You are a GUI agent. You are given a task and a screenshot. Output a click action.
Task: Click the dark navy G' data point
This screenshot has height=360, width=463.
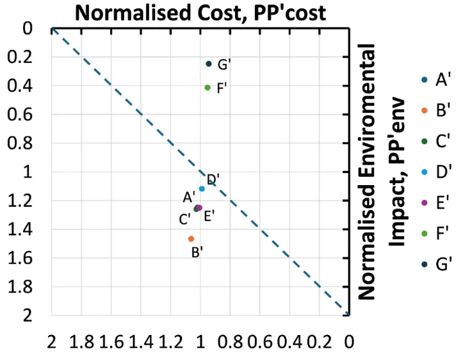click(x=208, y=63)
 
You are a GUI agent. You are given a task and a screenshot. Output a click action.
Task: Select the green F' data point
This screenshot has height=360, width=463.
click(x=207, y=87)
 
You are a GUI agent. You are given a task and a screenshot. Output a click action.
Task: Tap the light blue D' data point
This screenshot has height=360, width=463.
click(x=202, y=188)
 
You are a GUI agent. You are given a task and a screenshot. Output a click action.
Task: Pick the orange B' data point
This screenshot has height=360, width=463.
click(x=191, y=238)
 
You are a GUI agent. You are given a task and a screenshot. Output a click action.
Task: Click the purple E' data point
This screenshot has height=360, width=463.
click(x=199, y=208)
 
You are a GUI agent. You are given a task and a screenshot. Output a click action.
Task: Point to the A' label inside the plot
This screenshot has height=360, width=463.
click(x=189, y=197)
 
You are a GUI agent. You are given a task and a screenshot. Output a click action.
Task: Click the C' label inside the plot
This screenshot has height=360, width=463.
click(x=185, y=220)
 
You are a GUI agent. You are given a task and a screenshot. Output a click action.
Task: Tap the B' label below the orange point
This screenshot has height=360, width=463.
click(x=198, y=252)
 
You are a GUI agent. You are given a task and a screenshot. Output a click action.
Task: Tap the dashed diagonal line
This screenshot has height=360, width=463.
click(x=128, y=102)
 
